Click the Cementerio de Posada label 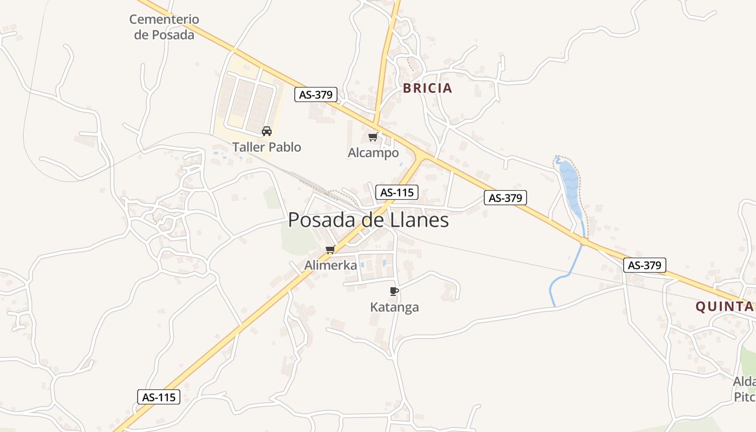164,27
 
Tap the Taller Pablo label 267,147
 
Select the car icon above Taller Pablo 266,131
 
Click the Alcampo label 373,153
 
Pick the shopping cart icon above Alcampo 373,137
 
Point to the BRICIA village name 427,88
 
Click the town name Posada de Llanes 368,220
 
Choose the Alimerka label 330,265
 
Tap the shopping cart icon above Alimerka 330,249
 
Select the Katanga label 394,307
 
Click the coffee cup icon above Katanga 394,292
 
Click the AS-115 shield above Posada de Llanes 397,192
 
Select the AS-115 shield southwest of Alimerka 159,397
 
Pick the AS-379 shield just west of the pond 505,198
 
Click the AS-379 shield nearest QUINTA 645,265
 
